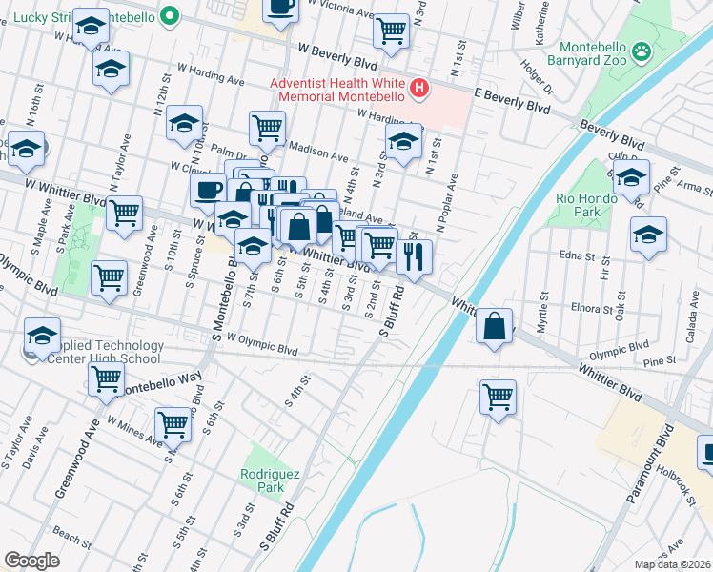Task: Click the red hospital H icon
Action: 418,90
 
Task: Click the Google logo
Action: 31,561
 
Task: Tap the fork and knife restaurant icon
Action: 414,256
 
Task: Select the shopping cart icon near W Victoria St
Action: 391,31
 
